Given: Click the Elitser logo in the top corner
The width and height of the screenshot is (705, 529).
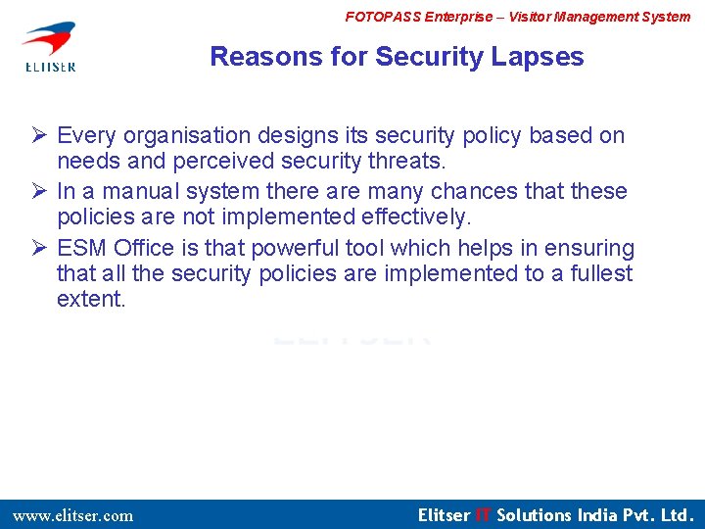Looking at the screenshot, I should coord(48,46).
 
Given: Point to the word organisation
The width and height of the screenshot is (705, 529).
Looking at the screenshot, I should coord(183,135).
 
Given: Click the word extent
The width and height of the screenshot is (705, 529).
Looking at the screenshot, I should coord(91,299).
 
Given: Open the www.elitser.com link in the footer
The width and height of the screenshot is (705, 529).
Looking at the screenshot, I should coord(72,515).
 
